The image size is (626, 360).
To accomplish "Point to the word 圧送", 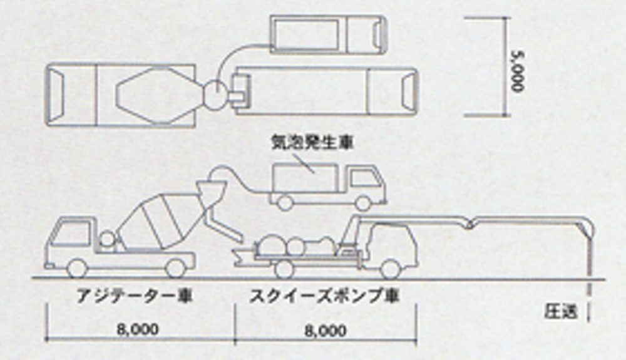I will pos(560,309).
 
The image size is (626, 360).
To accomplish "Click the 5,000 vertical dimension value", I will pos(517,68).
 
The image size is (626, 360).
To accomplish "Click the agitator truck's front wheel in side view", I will pos(76,269).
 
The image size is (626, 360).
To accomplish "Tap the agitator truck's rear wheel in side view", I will pos(176,269).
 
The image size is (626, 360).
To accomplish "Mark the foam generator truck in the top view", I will pos(327,34).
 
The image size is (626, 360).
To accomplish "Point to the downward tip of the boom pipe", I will pos(590,263).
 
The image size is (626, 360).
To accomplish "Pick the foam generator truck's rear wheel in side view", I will pos(285,202).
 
